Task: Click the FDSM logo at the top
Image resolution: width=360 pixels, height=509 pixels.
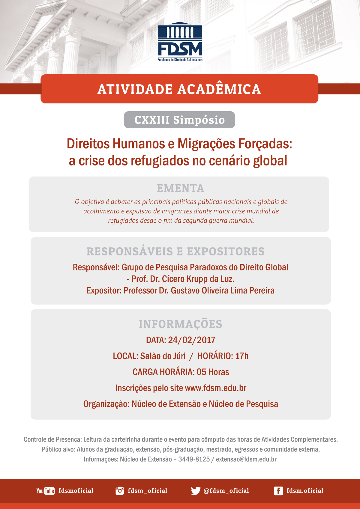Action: point(180,41)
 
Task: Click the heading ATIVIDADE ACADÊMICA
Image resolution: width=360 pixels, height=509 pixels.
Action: point(179,89)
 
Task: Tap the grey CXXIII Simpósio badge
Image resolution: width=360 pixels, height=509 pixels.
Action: point(179,120)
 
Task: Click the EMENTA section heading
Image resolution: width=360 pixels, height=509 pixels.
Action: point(180,189)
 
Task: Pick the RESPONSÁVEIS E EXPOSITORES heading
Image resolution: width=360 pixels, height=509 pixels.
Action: point(175,252)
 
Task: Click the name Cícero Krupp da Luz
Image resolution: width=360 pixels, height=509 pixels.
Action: point(198,279)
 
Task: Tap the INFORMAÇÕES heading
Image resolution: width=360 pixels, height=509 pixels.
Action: point(180,324)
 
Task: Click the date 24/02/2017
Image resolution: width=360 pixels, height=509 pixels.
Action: point(192,340)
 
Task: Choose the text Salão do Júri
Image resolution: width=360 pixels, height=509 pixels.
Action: point(163,356)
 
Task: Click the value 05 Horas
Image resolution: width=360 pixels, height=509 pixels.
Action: point(213,372)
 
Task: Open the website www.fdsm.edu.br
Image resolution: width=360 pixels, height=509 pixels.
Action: point(216,388)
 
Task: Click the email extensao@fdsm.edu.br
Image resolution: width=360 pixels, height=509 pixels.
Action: point(246,459)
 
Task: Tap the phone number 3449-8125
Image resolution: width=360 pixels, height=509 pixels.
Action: point(194,459)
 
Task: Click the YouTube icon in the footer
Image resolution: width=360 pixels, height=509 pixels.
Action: point(45,491)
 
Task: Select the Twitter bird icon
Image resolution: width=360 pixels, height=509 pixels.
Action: point(196,491)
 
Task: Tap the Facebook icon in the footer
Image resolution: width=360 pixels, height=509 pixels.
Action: point(278,491)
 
